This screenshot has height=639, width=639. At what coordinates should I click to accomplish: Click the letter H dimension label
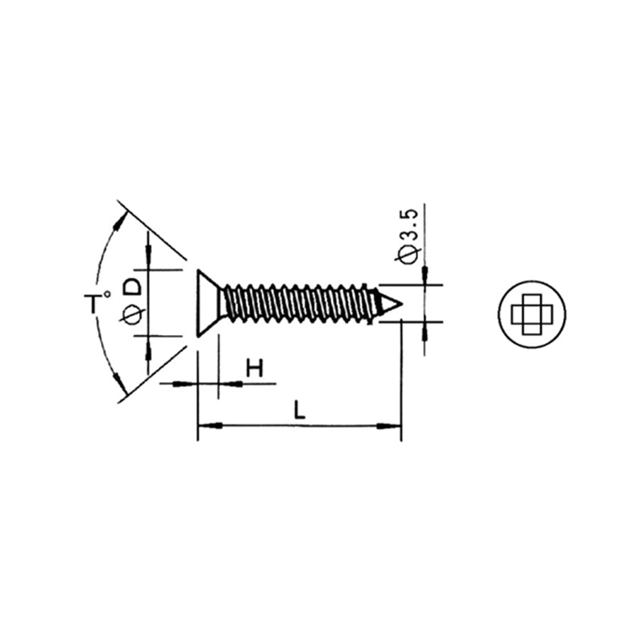[x=254, y=368]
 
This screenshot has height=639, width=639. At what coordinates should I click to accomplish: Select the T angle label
[x=94, y=304]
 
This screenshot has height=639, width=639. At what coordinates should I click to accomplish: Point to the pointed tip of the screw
[x=399, y=304]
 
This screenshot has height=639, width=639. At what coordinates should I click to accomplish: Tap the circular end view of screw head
[x=532, y=313]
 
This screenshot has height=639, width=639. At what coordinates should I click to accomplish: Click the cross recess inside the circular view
[x=532, y=313]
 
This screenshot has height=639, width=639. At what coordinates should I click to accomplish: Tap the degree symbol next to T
[x=107, y=293]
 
